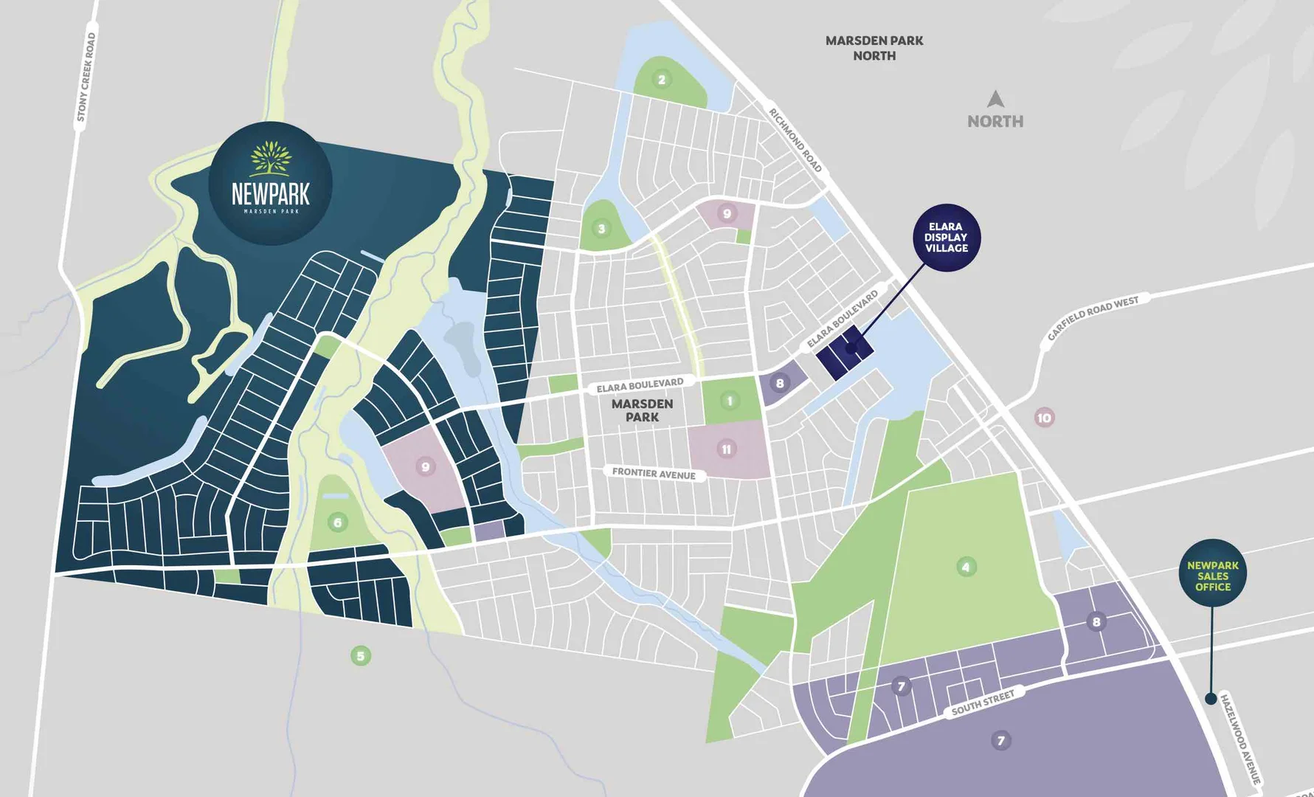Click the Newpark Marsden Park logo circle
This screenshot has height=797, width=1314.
tap(270, 184)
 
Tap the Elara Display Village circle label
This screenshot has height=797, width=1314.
tap(946, 238)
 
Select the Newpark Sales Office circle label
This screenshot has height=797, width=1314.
tap(1213, 576)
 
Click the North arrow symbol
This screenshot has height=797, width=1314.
tap(995, 99)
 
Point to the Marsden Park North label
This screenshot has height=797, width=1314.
tap(874, 48)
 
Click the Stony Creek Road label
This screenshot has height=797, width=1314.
tap(86, 77)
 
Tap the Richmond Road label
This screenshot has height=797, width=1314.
tap(795, 140)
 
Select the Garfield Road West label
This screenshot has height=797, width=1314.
tap(1093, 318)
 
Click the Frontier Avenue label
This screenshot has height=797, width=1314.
tap(654, 473)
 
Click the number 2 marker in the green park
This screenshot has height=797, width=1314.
tap(661, 80)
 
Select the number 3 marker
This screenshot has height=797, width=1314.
tap(601, 229)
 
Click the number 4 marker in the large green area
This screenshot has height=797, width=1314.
tap(966, 567)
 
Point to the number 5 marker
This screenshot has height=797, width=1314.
tap(360, 655)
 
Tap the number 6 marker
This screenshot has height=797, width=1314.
tap(337, 522)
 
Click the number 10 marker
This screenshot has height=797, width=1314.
tap(1044, 418)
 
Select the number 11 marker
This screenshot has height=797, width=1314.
tap(726, 449)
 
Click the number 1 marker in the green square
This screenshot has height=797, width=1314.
tap(730, 401)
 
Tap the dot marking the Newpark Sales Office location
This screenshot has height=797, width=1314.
tap(1210, 698)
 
